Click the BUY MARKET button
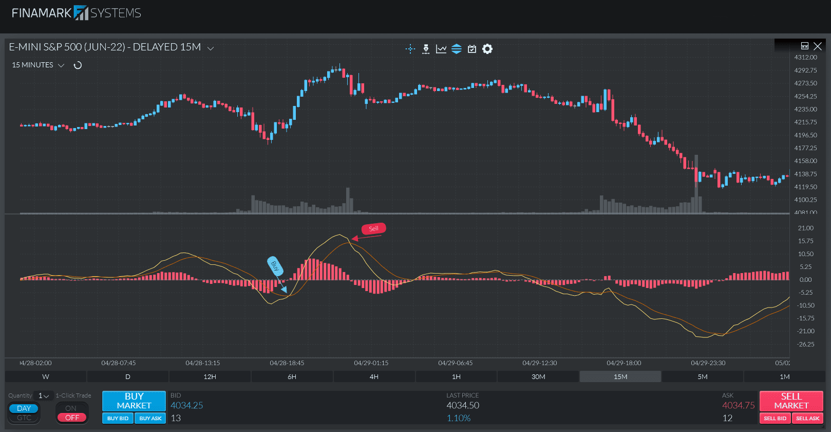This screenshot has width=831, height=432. click(134, 401)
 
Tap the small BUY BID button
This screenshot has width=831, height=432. click(118, 418)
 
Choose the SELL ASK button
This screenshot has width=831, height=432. click(807, 418)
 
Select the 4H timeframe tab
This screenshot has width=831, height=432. click(374, 377)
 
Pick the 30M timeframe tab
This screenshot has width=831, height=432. click(538, 377)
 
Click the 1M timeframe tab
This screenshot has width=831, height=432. click(784, 377)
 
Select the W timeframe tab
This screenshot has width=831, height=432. click(46, 377)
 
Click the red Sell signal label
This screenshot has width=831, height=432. click(373, 229)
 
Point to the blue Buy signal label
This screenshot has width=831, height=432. click(275, 266)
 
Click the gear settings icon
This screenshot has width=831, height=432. click(487, 49)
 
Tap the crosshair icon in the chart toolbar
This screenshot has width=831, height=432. click(410, 49)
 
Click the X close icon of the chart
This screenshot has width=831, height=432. click(818, 46)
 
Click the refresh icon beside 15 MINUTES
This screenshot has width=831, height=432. click(78, 65)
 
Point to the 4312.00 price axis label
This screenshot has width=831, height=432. click(805, 58)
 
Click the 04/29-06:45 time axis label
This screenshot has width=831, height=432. click(455, 363)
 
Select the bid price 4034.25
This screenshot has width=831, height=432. click(187, 405)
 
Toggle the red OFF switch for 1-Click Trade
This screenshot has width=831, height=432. click(72, 418)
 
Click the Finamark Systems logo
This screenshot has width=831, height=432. click(77, 13)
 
